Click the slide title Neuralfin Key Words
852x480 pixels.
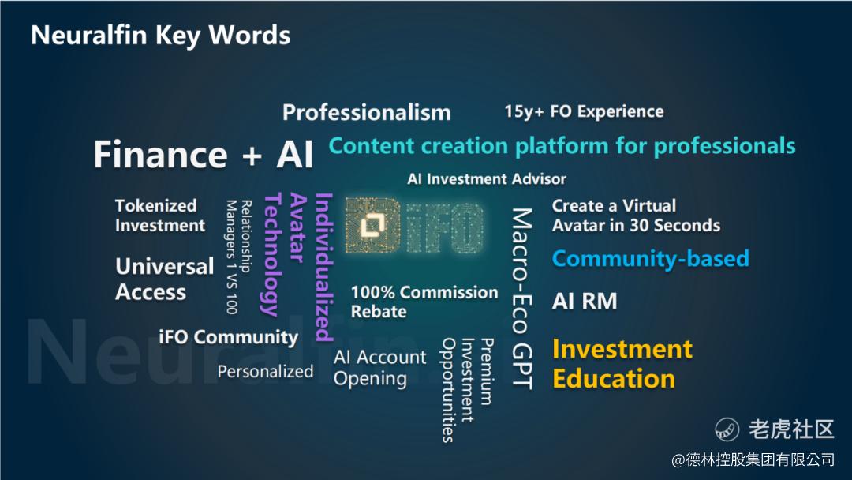pyautogui.click(x=160, y=36)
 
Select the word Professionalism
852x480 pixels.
pyautogui.click(x=367, y=113)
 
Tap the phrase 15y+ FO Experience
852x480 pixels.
pyautogui.click(x=584, y=111)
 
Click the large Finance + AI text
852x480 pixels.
pyautogui.click(x=204, y=155)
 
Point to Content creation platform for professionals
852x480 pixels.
pyautogui.click(x=562, y=146)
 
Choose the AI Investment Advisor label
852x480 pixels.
pyautogui.click(x=487, y=179)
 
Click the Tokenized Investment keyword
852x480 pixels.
pyautogui.click(x=160, y=216)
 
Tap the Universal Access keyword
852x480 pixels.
pyautogui.click(x=165, y=279)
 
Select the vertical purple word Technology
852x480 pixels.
pyautogui.click(x=271, y=254)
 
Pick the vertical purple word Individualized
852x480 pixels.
pyautogui.click(x=324, y=267)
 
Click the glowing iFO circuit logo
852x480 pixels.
pyautogui.click(x=415, y=226)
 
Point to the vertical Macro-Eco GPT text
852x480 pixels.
pyautogui.click(x=521, y=298)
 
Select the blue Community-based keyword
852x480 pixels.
pyautogui.click(x=650, y=258)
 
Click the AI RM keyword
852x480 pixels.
pyautogui.click(x=585, y=301)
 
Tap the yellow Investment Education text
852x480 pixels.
pyautogui.click(x=622, y=364)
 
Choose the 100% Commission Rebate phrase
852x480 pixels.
pyautogui.click(x=424, y=302)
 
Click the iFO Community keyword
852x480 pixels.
pyautogui.click(x=229, y=337)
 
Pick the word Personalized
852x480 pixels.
pyautogui.click(x=265, y=371)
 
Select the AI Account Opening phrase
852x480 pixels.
pyautogui.click(x=379, y=368)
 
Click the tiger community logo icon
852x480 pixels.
pyautogui.click(x=727, y=429)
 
